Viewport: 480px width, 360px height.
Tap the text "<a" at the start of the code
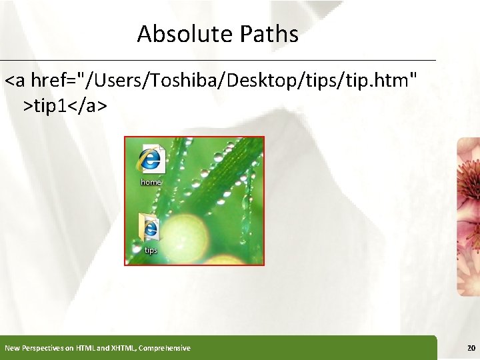point(15,81)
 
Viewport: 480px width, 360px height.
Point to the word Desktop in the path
point(264,81)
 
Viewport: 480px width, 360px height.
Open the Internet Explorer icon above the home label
point(151,159)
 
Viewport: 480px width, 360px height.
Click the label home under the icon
point(151,182)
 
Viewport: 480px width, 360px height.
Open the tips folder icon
point(149,228)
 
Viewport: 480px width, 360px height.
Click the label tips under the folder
point(151,251)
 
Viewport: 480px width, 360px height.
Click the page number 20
point(471,348)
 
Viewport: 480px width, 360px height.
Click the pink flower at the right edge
point(469,213)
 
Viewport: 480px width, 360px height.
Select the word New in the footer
point(11,348)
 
